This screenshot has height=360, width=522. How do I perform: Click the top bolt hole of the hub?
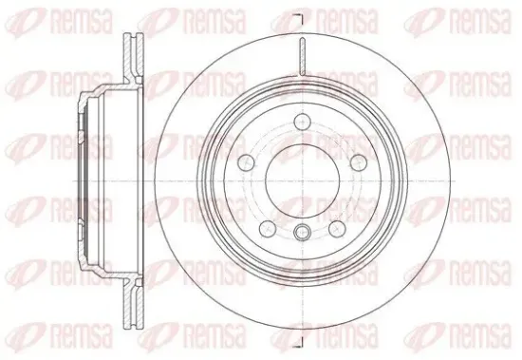(302, 121)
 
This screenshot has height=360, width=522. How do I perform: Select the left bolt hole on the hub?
(247, 161)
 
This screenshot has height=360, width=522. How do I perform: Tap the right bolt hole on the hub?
(359, 161)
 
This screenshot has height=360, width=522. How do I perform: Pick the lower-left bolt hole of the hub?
(268, 228)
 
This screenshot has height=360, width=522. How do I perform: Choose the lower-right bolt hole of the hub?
(337, 228)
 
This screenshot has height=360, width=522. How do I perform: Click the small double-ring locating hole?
(302, 232)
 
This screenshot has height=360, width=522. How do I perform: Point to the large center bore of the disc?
(302, 181)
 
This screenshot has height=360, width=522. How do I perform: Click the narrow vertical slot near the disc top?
(302, 56)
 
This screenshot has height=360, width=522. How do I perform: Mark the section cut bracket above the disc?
(300, 19)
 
